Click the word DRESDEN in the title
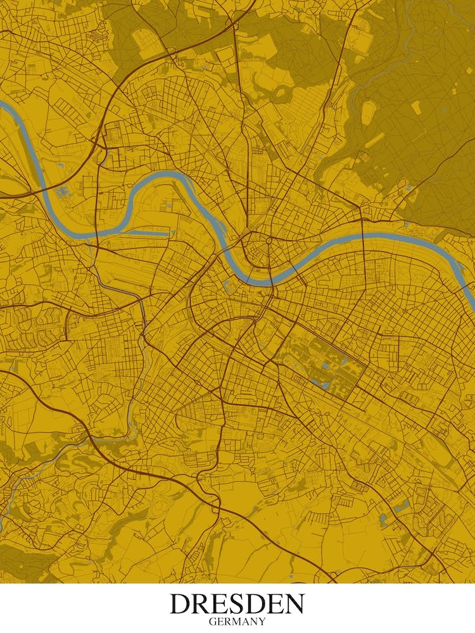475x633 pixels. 237,604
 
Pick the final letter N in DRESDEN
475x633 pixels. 294,604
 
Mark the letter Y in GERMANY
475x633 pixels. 262,622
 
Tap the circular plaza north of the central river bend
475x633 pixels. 268,241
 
